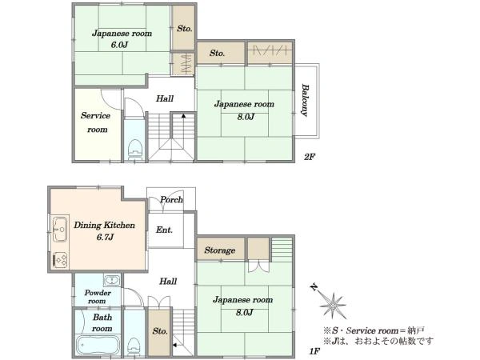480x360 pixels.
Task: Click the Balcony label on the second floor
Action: (304, 100)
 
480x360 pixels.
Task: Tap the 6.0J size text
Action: (119, 45)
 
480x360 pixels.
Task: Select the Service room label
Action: (95, 122)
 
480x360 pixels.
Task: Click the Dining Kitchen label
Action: (104, 226)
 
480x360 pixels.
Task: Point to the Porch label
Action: (171, 199)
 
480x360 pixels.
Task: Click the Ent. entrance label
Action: (164, 230)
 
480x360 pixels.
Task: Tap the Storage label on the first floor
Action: (220, 250)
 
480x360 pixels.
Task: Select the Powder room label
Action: (98, 297)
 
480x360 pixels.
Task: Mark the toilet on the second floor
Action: (134, 149)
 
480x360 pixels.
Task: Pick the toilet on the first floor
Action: (134, 347)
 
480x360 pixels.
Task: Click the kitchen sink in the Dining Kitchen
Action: (60, 230)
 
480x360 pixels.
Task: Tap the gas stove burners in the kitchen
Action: (60, 260)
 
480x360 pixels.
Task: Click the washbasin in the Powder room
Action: (113, 280)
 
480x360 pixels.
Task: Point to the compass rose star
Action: (334, 306)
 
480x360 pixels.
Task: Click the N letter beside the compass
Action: (314, 287)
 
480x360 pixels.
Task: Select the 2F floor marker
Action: (309, 157)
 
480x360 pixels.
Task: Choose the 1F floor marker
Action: (314, 351)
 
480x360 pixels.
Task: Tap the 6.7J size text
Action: (105, 238)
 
